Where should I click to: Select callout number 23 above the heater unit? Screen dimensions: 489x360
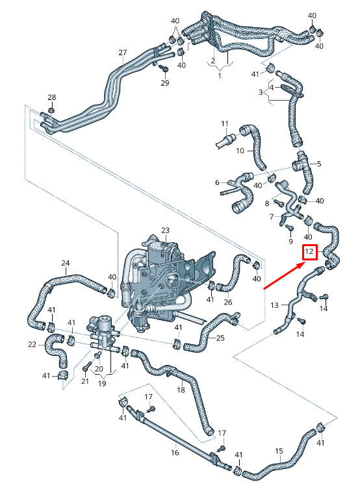pyautogui.click(x=165, y=231)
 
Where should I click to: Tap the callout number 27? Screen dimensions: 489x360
pyautogui.click(x=122, y=52)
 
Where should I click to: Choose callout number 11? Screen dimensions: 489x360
pyautogui.click(x=224, y=123)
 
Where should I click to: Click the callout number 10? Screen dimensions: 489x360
pyautogui.click(x=239, y=151)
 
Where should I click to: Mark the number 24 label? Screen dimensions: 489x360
pyautogui.click(x=65, y=263)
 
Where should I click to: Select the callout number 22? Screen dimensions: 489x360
pyautogui.click(x=32, y=344)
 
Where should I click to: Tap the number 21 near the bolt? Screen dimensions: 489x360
pyautogui.click(x=84, y=381)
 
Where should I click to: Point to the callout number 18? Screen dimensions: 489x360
pyautogui.click(x=181, y=390)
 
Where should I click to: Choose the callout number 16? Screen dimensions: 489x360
pyautogui.click(x=175, y=452)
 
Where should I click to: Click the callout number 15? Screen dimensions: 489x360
pyautogui.click(x=279, y=450)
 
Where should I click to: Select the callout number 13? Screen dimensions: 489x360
pyautogui.click(x=274, y=305)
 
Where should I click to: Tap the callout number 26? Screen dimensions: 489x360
pyautogui.click(x=227, y=302)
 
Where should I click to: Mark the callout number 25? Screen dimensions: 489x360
pyautogui.click(x=220, y=338)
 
